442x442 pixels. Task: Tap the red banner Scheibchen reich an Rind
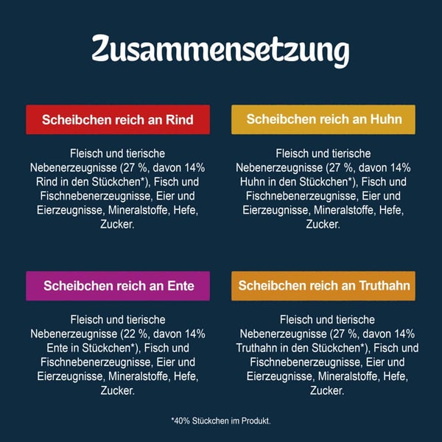pyautogui.click(x=118, y=119)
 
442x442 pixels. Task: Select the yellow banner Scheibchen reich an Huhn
pyautogui.click(x=323, y=119)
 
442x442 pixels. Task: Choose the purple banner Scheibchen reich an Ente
pyautogui.click(x=118, y=285)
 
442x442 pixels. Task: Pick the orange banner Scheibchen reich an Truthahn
pyautogui.click(x=323, y=285)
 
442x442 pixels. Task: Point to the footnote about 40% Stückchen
pyautogui.click(x=220, y=421)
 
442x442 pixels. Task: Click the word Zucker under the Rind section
pyautogui.click(x=118, y=224)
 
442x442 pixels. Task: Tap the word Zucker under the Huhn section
pyautogui.click(x=323, y=224)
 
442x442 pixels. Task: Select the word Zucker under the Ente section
pyautogui.click(x=118, y=390)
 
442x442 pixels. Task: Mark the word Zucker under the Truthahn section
pyautogui.click(x=323, y=390)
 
